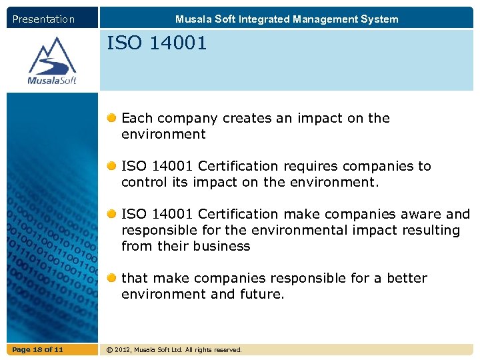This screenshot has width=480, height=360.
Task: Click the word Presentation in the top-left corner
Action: (43, 19)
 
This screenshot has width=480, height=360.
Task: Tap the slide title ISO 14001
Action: (157, 44)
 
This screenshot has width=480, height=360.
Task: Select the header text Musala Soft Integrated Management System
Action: (287, 19)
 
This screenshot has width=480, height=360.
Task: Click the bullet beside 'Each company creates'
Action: (113, 118)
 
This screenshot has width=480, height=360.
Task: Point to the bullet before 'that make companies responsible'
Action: (113, 278)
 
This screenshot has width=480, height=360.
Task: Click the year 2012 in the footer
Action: (125, 350)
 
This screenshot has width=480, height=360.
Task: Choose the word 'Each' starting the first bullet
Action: (137, 118)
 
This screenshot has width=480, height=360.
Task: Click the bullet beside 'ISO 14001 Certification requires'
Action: (113, 166)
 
